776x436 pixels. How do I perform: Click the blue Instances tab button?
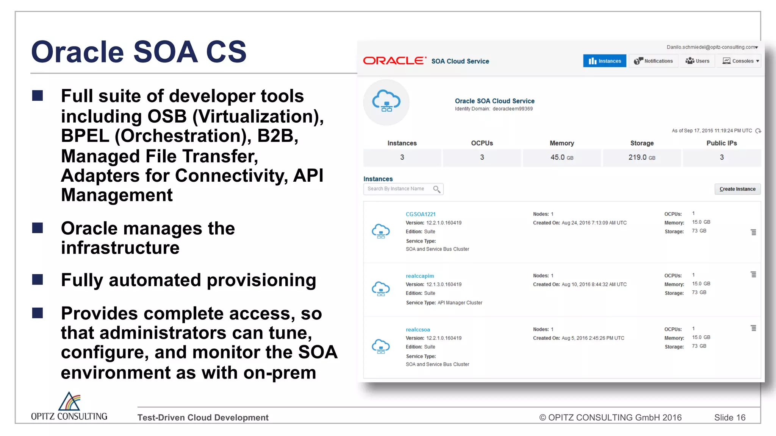point(605,61)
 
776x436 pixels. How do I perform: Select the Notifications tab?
point(654,61)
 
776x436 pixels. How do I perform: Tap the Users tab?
point(698,61)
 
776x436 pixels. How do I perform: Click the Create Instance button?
point(737,189)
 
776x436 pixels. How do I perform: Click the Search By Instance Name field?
point(398,189)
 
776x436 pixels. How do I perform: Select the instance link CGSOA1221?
point(421,214)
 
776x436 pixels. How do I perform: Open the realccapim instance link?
point(420,276)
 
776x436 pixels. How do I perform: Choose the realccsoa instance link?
point(418,330)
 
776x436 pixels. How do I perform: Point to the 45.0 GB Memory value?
point(562,157)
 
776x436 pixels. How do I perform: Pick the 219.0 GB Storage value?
point(641,157)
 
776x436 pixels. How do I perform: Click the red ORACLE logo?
point(394,61)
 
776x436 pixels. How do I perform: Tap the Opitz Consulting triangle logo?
point(69,402)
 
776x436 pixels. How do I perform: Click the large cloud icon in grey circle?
point(386,102)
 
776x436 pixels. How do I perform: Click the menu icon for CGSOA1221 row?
point(753,232)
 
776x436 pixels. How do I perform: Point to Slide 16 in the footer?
point(729,417)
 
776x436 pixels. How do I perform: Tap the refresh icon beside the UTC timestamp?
point(758,131)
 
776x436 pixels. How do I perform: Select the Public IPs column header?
point(721,143)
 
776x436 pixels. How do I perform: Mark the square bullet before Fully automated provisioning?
point(38,280)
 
